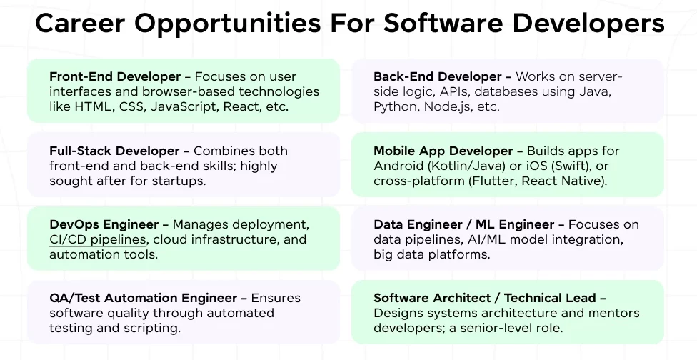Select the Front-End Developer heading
click(x=104, y=77)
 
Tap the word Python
click(x=394, y=107)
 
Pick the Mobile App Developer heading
click(x=443, y=151)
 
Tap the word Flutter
click(x=493, y=181)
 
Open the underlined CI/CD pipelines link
click(x=98, y=240)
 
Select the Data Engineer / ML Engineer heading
click(x=465, y=225)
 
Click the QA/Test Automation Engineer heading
click(x=143, y=298)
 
